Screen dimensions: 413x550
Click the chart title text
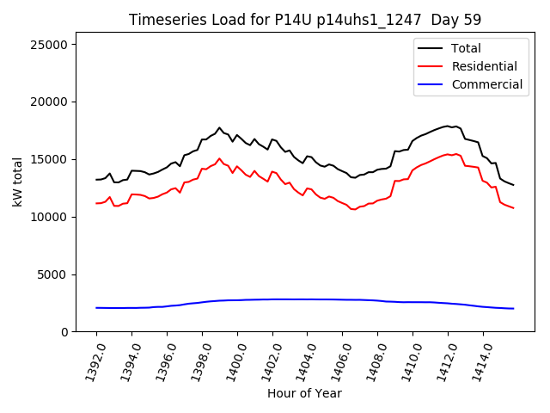pyautogui.click(x=305, y=20)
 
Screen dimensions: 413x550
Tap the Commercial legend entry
pyautogui.click(x=486, y=84)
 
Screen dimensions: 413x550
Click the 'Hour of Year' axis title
pyautogui.click(x=304, y=393)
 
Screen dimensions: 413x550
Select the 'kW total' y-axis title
pyautogui.click(x=17, y=182)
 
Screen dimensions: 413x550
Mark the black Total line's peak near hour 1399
pyautogui.click(x=219, y=127)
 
